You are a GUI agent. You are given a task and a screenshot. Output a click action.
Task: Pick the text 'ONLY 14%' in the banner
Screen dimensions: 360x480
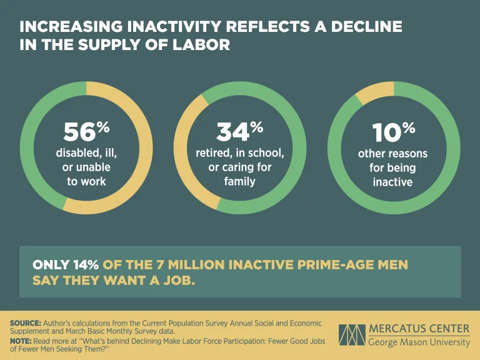pyautogui.click(x=66, y=265)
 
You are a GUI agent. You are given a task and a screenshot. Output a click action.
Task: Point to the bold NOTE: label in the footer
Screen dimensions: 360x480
pyautogui.click(x=21, y=341)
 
